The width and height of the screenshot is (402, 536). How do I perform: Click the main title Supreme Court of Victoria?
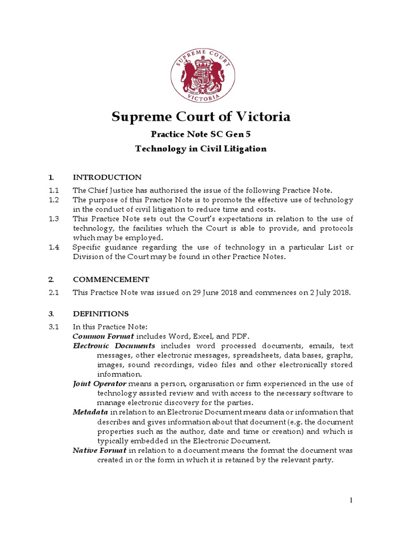(x=201, y=116)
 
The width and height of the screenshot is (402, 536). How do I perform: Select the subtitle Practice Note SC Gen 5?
(x=201, y=134)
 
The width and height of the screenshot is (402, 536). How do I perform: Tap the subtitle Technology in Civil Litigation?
(x=201, y=149)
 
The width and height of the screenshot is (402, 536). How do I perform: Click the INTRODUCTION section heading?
(x=107, y=177)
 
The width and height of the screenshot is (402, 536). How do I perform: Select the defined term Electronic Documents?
(x=114, y=347)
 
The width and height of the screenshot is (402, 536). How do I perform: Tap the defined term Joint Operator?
(x=99, y=384)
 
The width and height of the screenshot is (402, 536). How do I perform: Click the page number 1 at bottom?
(x=352, y=500)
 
